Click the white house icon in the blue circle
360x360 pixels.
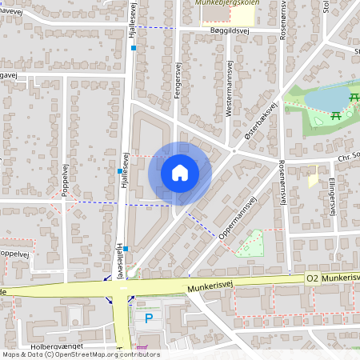[180, 173]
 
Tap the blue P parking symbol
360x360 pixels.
[149, 318]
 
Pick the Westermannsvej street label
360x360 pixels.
[229, 92]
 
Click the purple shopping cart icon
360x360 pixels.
[143, 349]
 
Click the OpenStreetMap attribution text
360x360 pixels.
[80, 354]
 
